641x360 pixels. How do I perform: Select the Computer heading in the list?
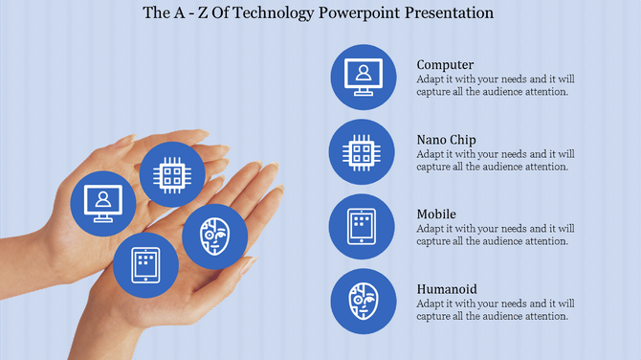tap(445, 65)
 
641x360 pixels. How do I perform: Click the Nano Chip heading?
tap(446, 140)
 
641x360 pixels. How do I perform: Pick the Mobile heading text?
tap(436, 214)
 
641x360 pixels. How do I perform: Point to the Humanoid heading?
tap(447, 289)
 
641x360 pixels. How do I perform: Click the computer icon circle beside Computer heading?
tap(363, 77)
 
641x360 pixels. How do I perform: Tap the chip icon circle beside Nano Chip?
tap(363, 151)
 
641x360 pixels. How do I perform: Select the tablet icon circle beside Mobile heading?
tap(363, 227)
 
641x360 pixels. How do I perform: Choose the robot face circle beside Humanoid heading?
tap(363, 302)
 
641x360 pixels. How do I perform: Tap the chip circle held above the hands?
tap(172, 174)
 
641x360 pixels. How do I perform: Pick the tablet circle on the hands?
tap(145, 264)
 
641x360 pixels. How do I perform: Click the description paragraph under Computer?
tap(496, 85)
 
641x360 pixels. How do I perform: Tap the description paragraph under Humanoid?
tap(496, 309)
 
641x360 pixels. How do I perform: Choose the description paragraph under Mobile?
tap(496, 235)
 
